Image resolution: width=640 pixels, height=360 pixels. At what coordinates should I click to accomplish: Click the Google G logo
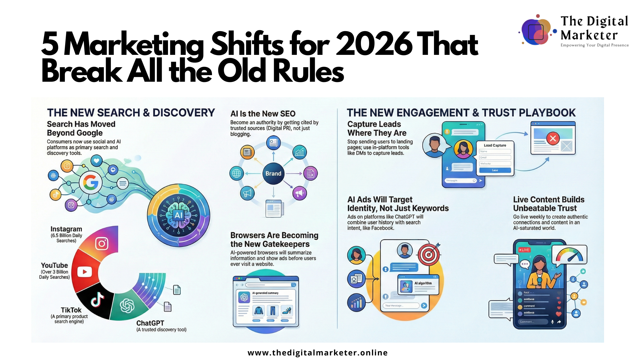pyautogui.click(x=91, y=183)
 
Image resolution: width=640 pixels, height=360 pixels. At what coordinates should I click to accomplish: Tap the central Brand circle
pyautogui.click(x=273, y=173)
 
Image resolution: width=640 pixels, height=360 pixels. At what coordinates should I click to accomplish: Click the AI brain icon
pyautogui.click(x=179, y=215)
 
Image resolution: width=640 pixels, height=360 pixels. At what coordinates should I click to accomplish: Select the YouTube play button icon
pyautogui.click(x=85, y=271)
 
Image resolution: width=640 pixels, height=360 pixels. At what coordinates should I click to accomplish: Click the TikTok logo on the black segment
pyautogui.click(x=97, y=300)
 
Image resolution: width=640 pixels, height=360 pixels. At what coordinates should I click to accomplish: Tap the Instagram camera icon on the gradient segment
pyautogui.click(x=102, y=243)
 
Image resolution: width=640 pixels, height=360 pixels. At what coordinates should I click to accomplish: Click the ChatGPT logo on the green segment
pyautogui.click(x=127, y=306)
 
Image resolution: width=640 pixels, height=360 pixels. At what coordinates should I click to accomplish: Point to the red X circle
pyautogui.click(x=553, y=139)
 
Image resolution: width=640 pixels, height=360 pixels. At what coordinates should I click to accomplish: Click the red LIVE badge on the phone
pyautogui.click(x=524, y=250)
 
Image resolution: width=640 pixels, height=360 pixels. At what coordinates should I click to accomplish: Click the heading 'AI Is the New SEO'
pyautogui.click(x=263, y=114)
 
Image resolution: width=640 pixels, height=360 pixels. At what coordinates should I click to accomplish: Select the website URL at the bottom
pyautogui.click(x=317, y=353)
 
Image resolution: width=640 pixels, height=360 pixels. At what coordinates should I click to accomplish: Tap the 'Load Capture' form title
pyautogui.click(x=495, y=145)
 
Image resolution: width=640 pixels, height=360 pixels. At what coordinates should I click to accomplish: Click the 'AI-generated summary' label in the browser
pyautogui.click(x=265, y=293)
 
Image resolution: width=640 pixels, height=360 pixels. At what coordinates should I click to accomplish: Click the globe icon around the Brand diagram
pyautogui.click(x=237, y=173)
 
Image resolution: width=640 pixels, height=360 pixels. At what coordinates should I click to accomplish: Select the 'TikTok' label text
pyautogui.click(x=71, y=310)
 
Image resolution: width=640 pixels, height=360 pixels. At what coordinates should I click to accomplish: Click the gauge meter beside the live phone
pyautogui.click(x=569, y=255)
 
